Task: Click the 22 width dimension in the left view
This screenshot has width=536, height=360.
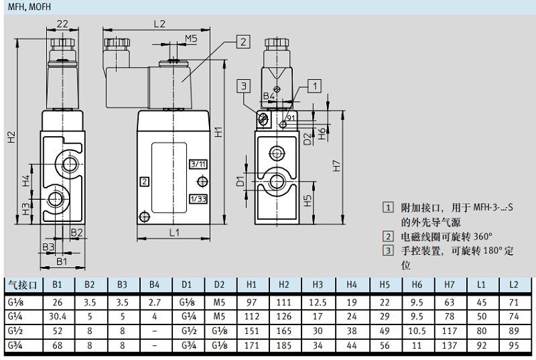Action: coord(62,23)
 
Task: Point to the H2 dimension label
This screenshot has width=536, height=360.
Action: coord(10,137)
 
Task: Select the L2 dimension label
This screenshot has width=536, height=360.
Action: coord(159,23)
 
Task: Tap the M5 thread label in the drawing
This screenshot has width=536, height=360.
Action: coord(191,38)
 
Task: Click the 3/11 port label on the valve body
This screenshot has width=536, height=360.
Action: coord(198,164)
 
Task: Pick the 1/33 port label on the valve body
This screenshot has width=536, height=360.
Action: coord(198,198)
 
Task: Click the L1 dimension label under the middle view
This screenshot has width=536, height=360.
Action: coord(174,233)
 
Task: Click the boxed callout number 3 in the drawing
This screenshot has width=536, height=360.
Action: coord(244,86)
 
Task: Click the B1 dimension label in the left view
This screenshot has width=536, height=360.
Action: coord(62,261)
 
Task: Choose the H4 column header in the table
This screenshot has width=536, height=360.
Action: coord(351,284)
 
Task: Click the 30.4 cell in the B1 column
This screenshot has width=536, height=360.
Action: coord(57,315)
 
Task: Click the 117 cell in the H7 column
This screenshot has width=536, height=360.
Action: coord(449,331)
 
